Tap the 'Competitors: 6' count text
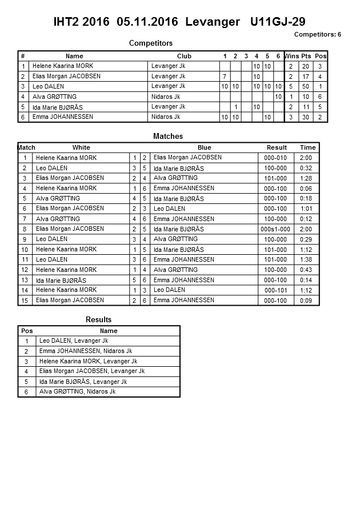[317, 34]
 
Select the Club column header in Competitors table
[184, 56]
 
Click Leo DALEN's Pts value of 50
[306, 86]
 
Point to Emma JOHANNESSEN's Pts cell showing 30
[306, 117]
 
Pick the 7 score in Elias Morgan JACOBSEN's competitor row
[225, 77]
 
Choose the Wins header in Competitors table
[291, 56]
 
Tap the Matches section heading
[168, 137]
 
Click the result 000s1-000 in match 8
[275, 229]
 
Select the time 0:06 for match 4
[306, 189]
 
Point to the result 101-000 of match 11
[275, 259]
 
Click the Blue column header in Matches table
[204, 147]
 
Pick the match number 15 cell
[25, 300]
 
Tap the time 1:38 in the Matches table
[306, 259]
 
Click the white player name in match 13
[61, 280]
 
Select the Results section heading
[98, 320]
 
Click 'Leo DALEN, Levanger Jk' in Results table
[74, 340]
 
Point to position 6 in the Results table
[26, 392]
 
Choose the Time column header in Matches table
[307, 147]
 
